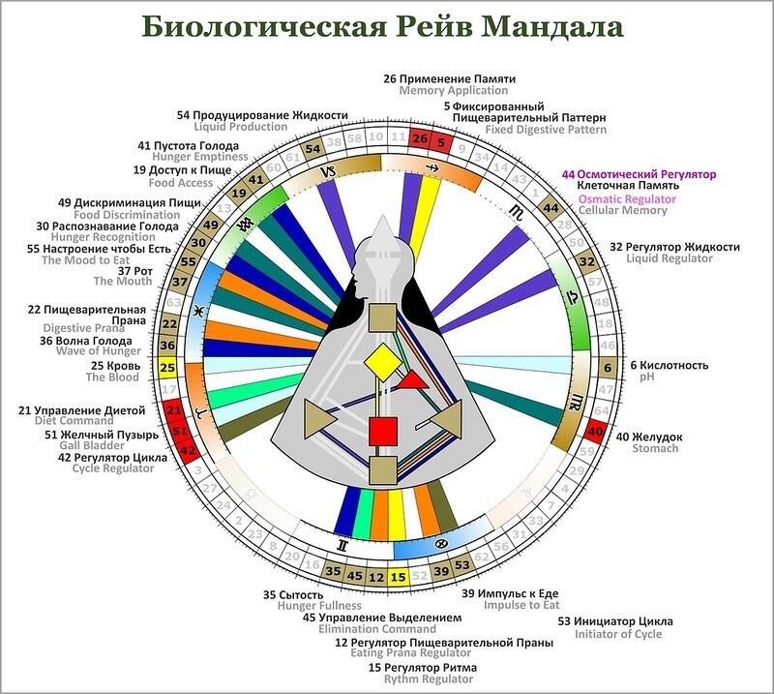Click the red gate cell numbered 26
pyautogui.click(x=419, y=139)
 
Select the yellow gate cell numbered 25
pyautogui.click(x=167, y=367)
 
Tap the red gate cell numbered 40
pyautogui.click(x=597, y=432)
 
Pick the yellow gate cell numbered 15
pyautogui.click(x=399, y=577)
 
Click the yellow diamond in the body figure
pyautogui.click(x=381, y=363)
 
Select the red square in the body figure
pyautogui.click(x=383, y=430)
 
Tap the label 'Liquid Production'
pyautogui.click(x=241, y=127)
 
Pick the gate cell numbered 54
pyautogui.click(x=312, y=150)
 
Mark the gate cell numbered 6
pyautogui.click(x=608, y=368)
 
